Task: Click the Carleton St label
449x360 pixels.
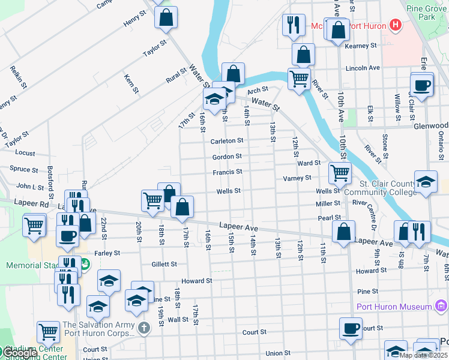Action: [227, 141]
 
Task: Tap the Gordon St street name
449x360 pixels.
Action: [227, 157]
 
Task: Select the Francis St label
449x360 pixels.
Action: [227, 172]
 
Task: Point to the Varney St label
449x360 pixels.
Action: [297, 178]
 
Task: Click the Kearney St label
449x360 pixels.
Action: [361, 46]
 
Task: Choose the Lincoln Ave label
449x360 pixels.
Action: [363, 68]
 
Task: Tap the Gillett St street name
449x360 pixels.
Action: [164, 264]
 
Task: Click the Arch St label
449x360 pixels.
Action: [257, 90]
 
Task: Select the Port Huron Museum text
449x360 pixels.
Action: [394, 307]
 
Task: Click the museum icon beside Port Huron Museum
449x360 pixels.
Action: [441, 307]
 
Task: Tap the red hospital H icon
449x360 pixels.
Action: [395, 25]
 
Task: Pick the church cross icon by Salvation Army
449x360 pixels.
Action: [143, 329]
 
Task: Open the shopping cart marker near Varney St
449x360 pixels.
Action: [340, 173]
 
